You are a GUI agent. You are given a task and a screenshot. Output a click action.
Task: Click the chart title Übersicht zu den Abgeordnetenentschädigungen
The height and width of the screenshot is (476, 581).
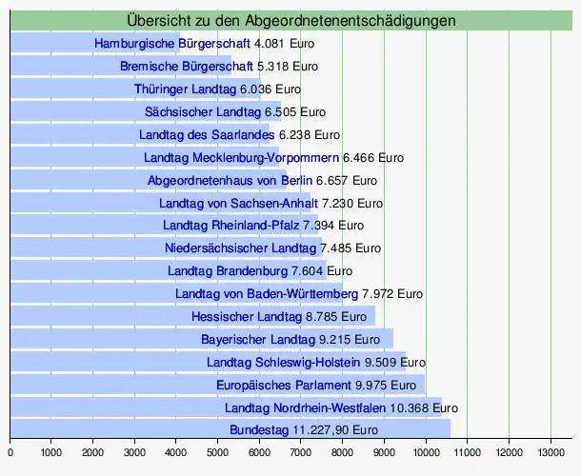tap(290, 20)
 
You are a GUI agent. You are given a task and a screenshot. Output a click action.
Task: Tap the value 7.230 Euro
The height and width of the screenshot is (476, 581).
tap(352, 203)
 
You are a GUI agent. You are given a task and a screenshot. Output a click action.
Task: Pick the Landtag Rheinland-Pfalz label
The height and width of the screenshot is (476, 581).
tap(231, 226)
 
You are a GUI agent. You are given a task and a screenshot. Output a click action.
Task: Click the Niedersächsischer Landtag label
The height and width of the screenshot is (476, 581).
tap(240, 248)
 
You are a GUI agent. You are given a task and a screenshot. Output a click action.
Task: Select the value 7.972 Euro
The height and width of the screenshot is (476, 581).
tap(391, 293)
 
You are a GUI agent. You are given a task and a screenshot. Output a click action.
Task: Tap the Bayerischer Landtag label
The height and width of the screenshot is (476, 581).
tap(257, 339)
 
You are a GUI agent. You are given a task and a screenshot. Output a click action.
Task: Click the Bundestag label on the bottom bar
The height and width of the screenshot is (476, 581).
tap(259, 430)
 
